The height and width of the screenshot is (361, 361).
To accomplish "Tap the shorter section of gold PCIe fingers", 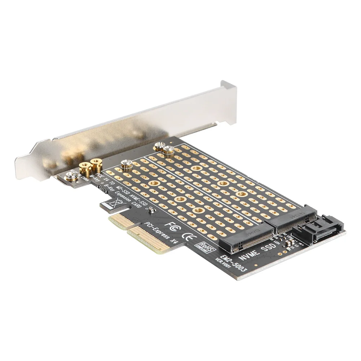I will click(118, 221).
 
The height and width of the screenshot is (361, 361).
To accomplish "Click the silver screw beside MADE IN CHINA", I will click(69, 176).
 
